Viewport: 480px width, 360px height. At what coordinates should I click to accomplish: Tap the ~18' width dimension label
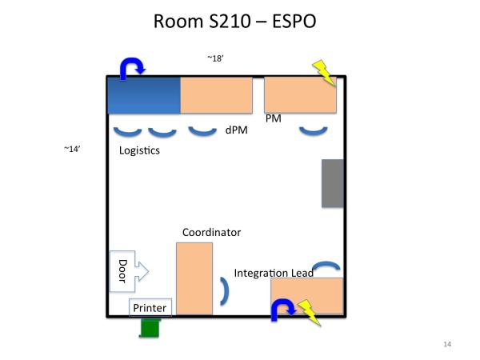click(x=215, y=58)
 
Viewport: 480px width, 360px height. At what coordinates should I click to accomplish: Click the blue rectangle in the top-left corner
click(x=144, y=95)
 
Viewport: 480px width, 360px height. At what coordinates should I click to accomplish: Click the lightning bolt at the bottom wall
click(x=308, y=313)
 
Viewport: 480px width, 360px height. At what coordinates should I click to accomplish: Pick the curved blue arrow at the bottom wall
click(x=282, y=309)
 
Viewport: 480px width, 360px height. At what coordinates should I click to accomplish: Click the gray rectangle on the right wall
click(x=332, y=183)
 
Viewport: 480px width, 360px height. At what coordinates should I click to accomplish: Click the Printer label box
click(x=150, y=307)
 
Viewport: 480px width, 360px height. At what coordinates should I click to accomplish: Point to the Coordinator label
click(x=211, y=233)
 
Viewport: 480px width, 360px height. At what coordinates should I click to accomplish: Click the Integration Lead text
click(x=273, y=274)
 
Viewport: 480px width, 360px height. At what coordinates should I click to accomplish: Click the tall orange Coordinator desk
click(x=194, y=278)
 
